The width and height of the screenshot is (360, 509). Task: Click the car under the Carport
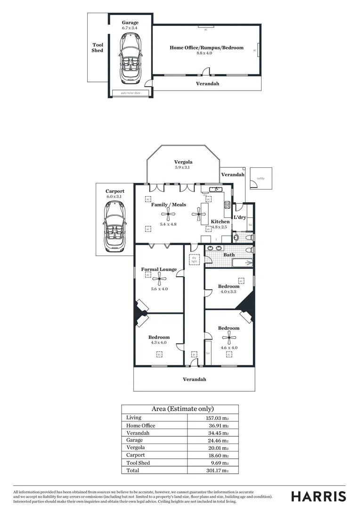coord(115,226)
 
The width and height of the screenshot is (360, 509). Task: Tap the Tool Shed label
coord(98,48)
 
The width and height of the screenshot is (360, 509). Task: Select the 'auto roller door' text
coord(131,93)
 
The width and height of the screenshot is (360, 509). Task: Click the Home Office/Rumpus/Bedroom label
coord(206,48)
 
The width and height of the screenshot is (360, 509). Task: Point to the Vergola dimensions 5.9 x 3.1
coord(183,167)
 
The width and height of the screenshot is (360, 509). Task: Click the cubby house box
coord(261,179)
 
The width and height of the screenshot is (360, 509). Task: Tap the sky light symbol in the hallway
coord(194,259)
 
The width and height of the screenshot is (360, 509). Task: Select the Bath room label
coord(229,255)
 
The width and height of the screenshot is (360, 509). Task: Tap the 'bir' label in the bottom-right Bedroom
coord(208,353)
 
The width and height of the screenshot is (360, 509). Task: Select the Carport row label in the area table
coord(136,455)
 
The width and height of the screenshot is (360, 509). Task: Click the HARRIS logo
coord(318,496)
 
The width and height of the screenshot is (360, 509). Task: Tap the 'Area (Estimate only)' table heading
coord(182,409)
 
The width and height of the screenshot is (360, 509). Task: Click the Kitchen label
coord(220,222)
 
